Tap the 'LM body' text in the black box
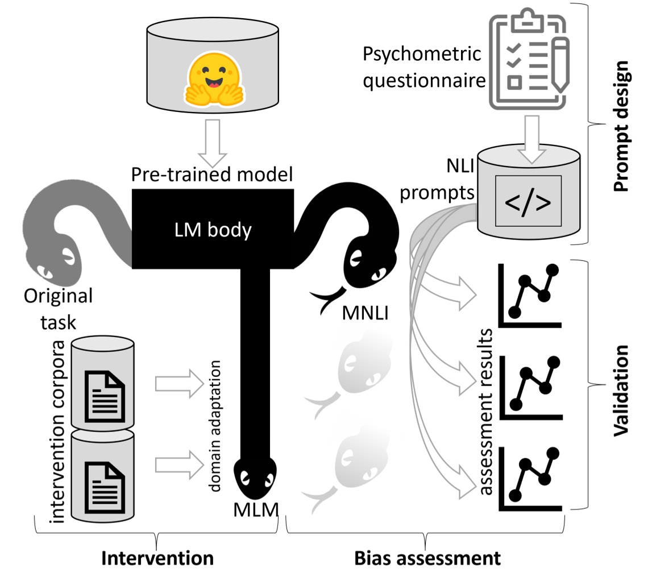(213, 230)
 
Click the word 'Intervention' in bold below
(157, 558)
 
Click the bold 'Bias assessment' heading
(427, 558)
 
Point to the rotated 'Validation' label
(622, 389)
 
